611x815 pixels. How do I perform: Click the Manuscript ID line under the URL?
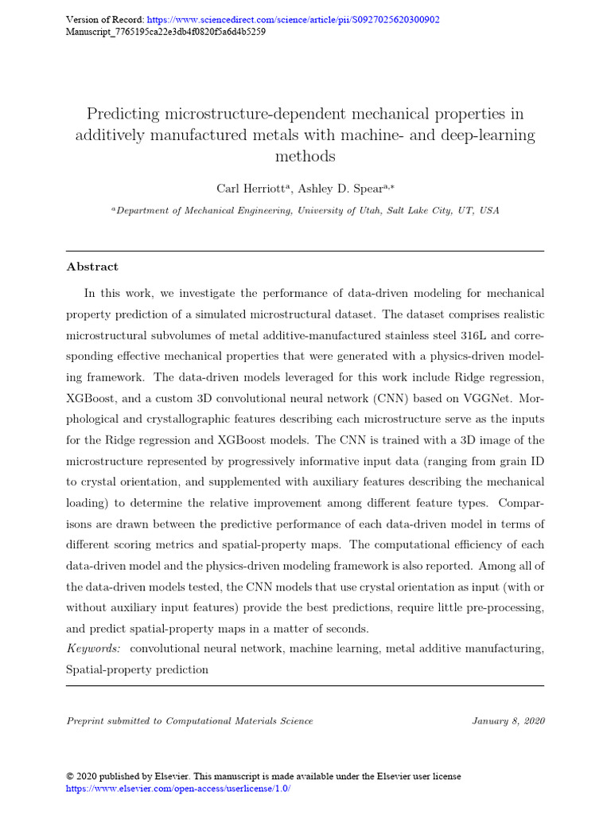coord(165,33)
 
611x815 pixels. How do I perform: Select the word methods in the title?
coord(305,156)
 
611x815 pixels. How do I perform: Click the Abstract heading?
coord(92,267)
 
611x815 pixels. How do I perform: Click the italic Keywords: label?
coord(93,649)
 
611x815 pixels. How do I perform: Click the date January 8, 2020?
coord(508,721)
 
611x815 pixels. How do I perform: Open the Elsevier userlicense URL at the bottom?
coord(178,788)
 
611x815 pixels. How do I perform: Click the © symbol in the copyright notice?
coord(70,776)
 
